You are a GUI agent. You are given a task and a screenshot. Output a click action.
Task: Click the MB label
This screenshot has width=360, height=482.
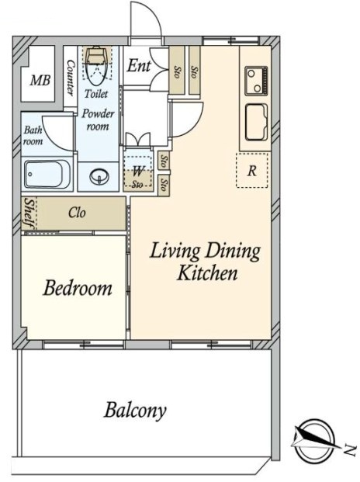pyautogui.click(x=40, y=81)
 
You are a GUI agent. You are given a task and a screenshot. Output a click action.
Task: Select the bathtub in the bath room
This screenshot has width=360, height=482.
pyautogui.click(x=47, y=174)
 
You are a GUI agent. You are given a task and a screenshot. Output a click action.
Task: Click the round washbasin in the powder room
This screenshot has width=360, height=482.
pyautogui.click(x=99, y=177)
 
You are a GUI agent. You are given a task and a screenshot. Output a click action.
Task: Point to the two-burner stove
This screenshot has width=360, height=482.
pyautogui.click(x=256, y=81)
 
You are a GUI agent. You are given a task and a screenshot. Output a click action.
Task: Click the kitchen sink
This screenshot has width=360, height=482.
pyautogui.click(x=256, y=123)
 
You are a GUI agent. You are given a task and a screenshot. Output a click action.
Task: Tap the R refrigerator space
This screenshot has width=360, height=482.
pyautogui.click(x=252, y=170)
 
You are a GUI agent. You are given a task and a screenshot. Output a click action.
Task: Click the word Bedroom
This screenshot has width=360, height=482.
pyautogui.click(x=78, y=288)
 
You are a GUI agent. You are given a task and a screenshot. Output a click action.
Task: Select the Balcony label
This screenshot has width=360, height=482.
pyautogui.click(x=135, y=411)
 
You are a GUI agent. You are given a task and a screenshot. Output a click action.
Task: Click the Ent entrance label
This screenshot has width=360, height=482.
pyautogui.click(x=139, y=65)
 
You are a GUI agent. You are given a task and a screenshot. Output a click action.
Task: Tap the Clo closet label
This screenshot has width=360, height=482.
pyautogui.click(x=77, y=213)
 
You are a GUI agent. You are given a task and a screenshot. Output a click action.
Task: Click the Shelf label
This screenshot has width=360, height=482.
pyautogui.click(x=29, y=213)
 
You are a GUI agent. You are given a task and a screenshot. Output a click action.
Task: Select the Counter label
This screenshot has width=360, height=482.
pyautogui.click(x=70, y=78)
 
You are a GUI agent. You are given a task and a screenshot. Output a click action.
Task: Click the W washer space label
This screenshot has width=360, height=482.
pyautogui.click(x=138, y=171)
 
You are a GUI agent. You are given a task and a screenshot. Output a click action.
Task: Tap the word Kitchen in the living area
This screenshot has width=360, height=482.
pyautogui.click(x=207, y=272)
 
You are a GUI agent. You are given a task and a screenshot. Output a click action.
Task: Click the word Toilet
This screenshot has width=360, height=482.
pyautogui.click(x=96, y=93)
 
